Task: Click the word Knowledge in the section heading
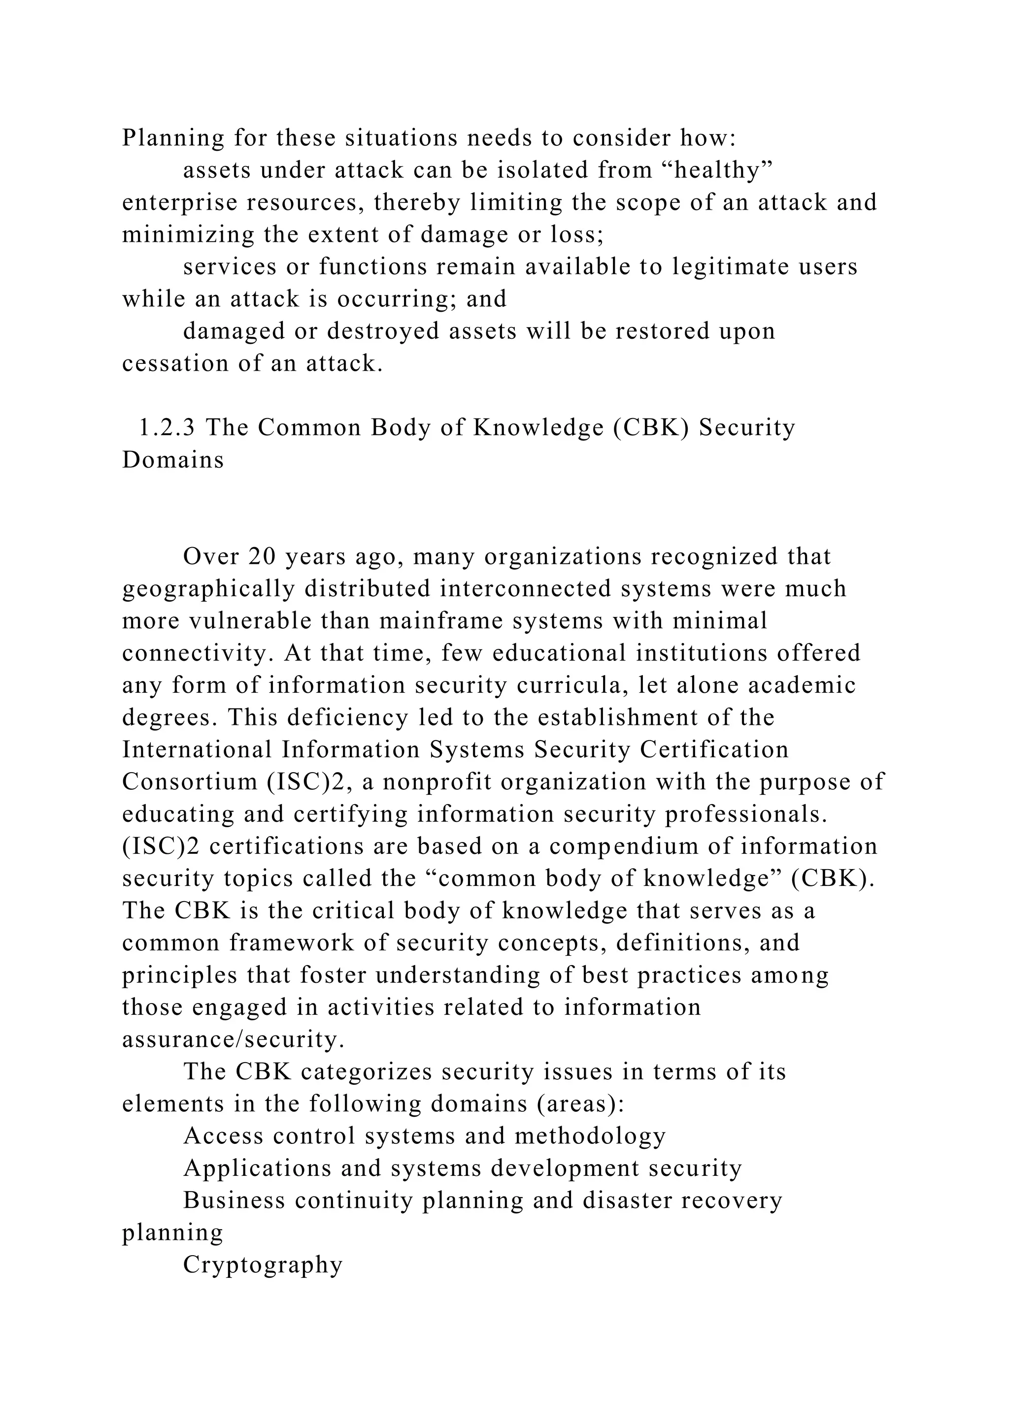click(x=538, y=427)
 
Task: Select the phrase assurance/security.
click(x=233, y=1039)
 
